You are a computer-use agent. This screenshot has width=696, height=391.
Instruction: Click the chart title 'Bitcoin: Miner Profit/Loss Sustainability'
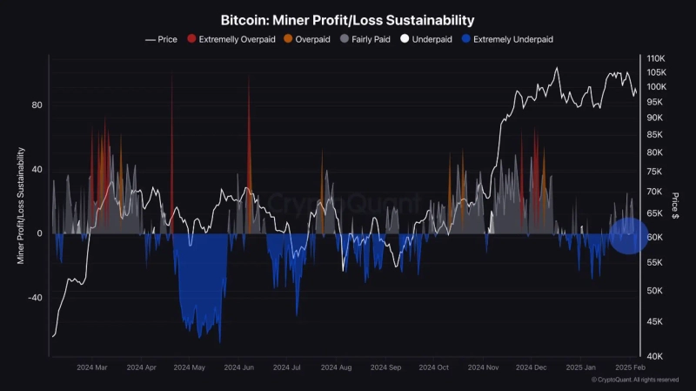point(347,18)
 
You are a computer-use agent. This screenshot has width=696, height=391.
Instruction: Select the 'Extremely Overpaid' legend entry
point(233,39)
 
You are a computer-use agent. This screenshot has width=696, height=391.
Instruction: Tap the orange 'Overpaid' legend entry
point(312,39)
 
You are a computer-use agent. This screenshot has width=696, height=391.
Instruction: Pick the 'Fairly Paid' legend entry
point(368,39)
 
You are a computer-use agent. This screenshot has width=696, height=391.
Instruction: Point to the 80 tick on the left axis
point(37,105)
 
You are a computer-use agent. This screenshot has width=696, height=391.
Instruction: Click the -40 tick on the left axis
point(35,298)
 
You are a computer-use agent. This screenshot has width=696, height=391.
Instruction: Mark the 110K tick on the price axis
point(657,57)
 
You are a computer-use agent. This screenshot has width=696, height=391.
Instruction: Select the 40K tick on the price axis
point(655,356)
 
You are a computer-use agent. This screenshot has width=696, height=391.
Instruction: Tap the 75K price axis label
point(655,172)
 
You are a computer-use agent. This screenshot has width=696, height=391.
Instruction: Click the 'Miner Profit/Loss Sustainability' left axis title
point(21,206)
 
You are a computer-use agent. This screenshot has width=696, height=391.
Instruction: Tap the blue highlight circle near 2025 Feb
point(627,235)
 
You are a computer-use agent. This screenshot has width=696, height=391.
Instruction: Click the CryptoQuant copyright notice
point(635,381)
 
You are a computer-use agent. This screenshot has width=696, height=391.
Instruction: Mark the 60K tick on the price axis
point(655,237)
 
